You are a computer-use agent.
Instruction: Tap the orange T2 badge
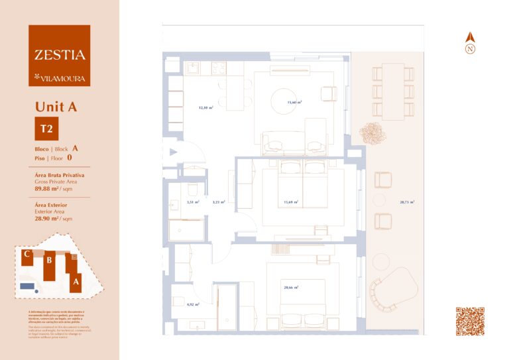46,129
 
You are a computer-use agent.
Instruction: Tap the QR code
470,322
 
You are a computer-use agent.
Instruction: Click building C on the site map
27,257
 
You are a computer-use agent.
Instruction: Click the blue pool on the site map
27,286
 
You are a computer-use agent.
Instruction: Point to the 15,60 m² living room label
294,103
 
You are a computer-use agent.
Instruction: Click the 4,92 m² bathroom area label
193,304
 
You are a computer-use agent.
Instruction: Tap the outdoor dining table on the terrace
393,91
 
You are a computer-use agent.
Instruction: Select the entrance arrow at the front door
173,152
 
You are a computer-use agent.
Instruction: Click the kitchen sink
194,68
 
